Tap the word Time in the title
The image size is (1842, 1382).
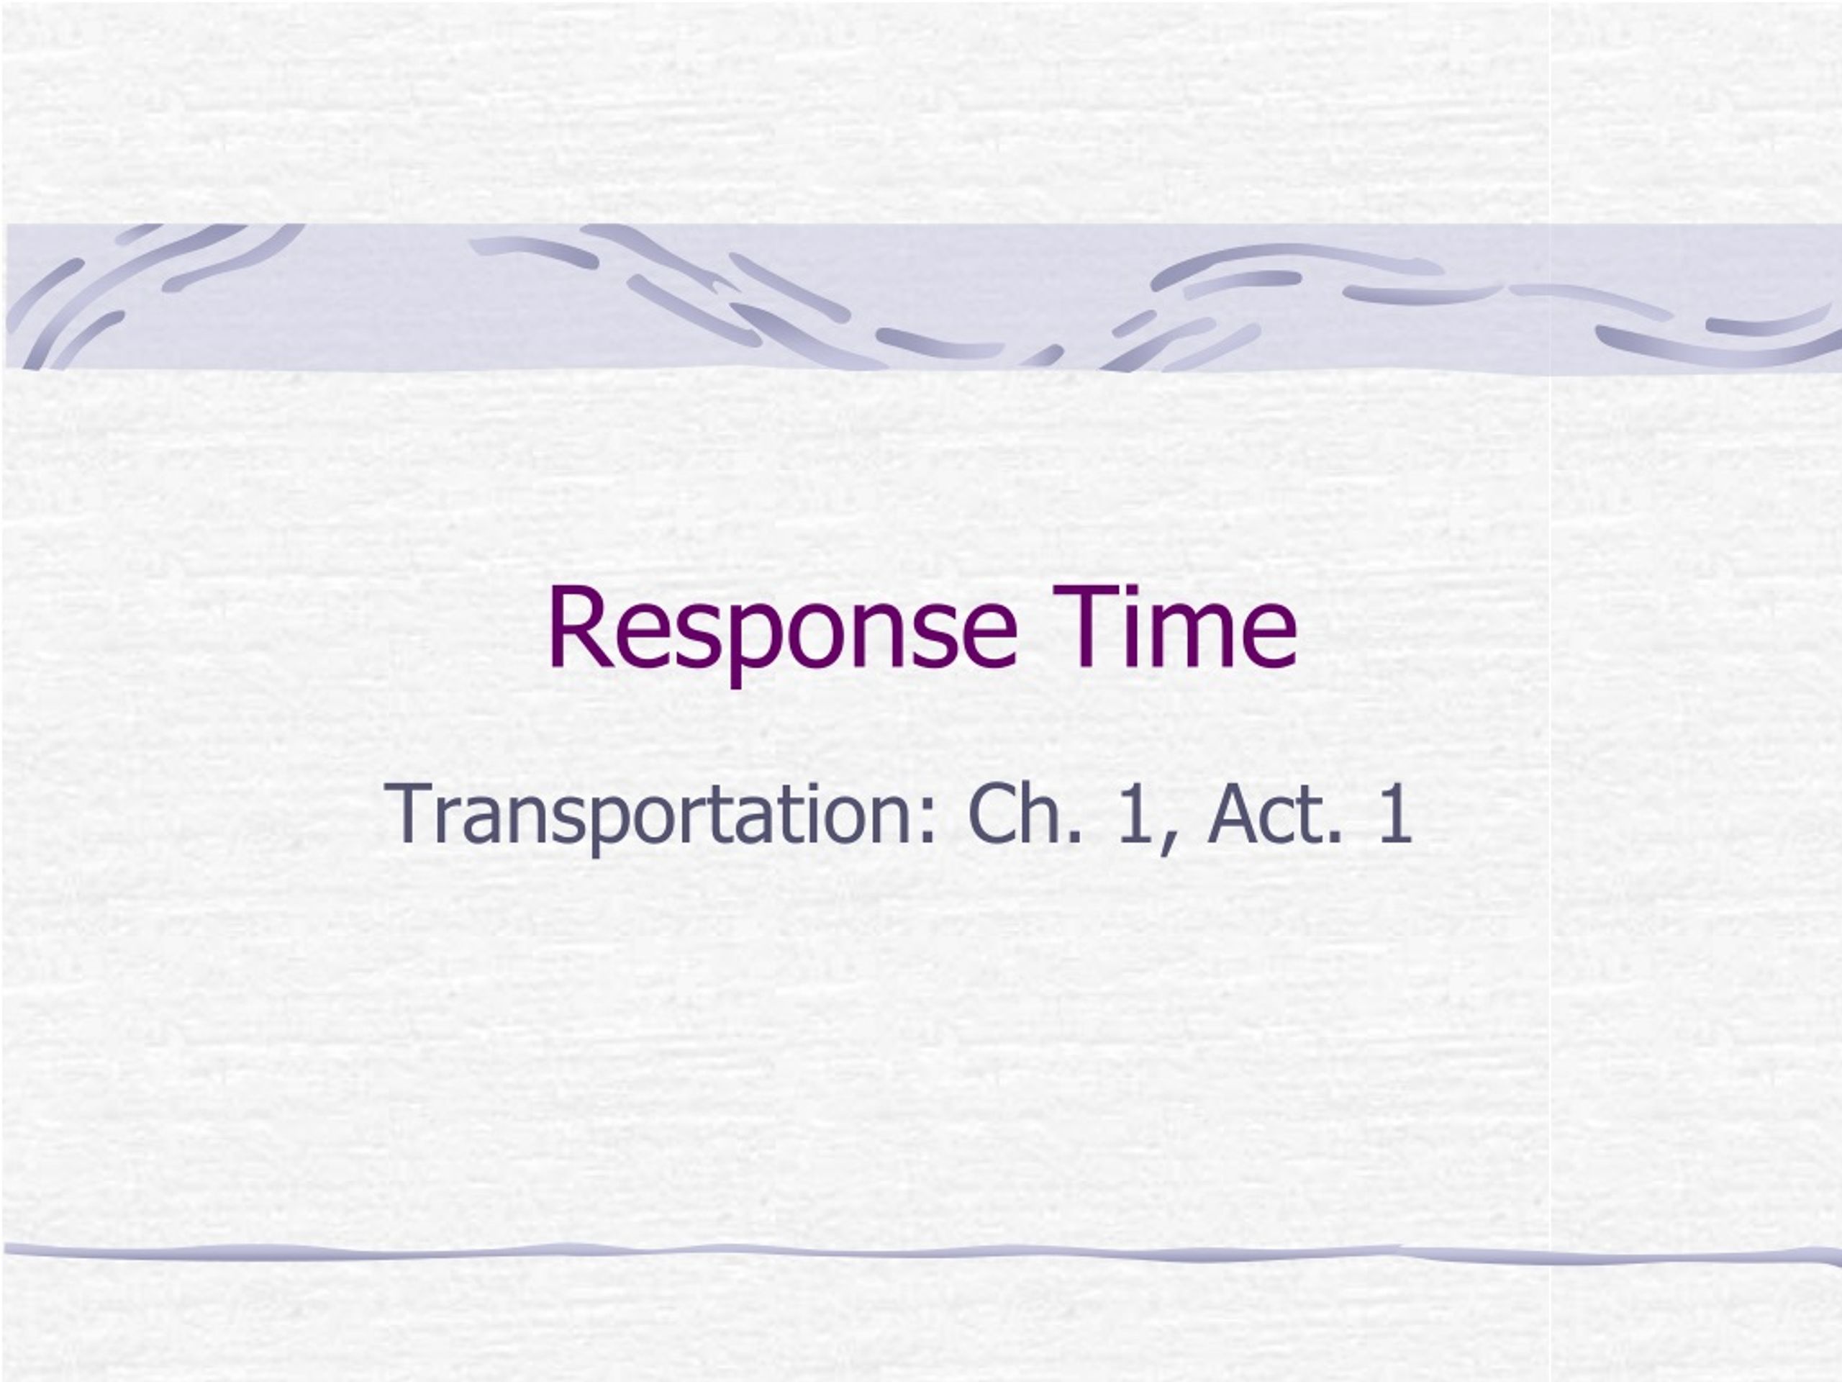(1174, 625)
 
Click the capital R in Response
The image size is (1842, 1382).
(579, 627)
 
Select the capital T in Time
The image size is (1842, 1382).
(1083, 627)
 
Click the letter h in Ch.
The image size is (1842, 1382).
(1044, 812)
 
